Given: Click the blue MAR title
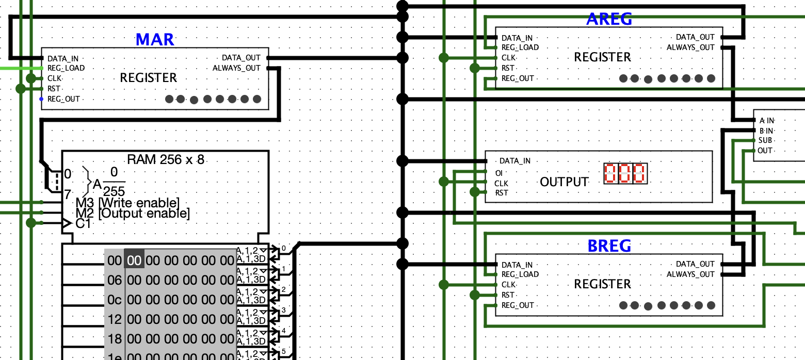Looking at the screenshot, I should tap(155, 39).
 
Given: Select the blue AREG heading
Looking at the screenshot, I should tap(609, 19).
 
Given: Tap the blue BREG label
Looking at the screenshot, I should tap(609, 246).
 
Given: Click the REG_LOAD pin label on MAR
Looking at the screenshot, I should tap(66, 68).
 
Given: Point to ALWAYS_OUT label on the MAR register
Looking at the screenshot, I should tap(236, 68).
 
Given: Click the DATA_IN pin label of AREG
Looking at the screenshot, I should tap(517, 38).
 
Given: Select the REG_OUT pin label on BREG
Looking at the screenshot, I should tap(518, 305).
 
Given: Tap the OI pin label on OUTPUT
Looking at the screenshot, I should tap(498, 173).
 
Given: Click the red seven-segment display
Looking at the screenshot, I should tap(625, 174).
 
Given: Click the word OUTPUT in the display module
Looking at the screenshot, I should tap(564, 182).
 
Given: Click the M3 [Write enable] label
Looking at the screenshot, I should tap(127, 203).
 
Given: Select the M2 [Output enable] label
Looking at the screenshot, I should tap(133, 213).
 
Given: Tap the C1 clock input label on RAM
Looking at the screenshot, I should tap(83, 224).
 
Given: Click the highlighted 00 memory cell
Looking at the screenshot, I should tap(134, 260).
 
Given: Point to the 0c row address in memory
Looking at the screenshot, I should tap(115, 300).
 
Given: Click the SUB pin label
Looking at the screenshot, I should tap(765, 140).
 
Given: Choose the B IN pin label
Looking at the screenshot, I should tap(766, 130).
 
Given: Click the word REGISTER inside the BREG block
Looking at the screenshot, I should tap(602, 284).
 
